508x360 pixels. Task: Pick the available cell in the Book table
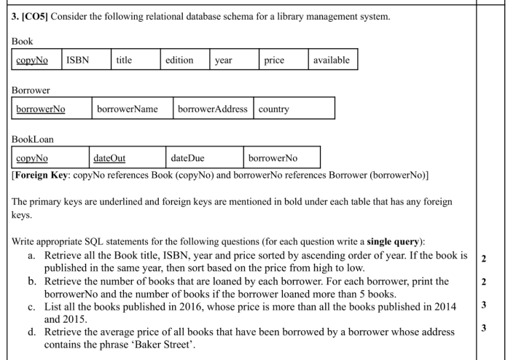coord(331,60)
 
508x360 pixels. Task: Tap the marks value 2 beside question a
coord(483,259)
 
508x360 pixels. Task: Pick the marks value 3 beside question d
coord(483,329)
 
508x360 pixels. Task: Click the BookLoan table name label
coord(33,138)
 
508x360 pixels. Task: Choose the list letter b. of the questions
coord(33,281)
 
